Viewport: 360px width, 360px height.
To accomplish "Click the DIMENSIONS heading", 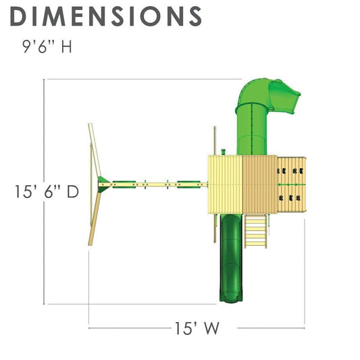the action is coord(106,16).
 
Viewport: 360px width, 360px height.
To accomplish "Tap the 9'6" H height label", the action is coord(47,47).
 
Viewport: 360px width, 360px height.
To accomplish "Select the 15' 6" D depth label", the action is coord(47,191).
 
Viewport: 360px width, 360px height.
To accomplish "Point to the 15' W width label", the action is coord(197,328).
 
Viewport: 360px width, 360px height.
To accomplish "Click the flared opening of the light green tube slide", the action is coord(285,97).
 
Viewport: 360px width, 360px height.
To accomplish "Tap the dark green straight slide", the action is coord(231,258).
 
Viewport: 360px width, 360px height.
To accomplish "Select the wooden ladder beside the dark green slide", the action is coord(256,231).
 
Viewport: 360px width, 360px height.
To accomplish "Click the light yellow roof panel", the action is coord(226,184).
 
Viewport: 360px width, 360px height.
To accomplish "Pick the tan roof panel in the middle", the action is coord(260,184).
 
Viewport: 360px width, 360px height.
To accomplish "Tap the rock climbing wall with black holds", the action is coord(292,184).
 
